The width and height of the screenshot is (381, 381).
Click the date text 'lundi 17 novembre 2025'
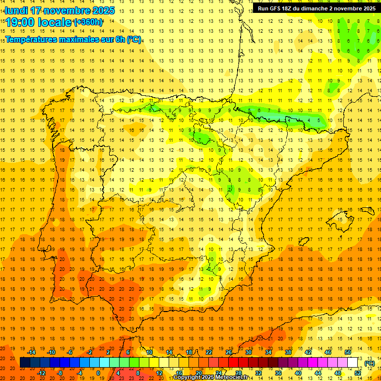60,10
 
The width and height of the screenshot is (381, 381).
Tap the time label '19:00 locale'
39,22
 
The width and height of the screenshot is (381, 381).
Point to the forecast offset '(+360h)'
88,22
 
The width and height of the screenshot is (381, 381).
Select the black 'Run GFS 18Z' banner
316,8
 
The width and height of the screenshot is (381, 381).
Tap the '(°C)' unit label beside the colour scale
369,363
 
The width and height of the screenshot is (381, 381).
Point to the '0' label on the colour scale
98,373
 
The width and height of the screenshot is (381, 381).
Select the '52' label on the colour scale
358,373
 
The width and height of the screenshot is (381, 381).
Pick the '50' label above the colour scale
348,352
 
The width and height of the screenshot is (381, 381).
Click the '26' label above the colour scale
229,352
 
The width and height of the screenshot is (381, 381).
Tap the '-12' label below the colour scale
41,373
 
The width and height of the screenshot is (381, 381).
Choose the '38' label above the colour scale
288,352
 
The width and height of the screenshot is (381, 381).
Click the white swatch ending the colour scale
353,363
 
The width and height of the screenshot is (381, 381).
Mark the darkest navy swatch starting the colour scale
25,363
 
